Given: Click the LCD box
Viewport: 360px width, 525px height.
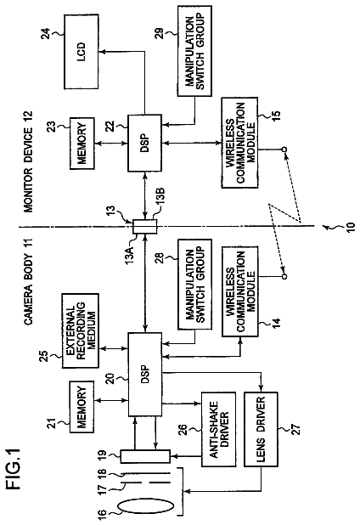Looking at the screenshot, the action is tap(82, 52).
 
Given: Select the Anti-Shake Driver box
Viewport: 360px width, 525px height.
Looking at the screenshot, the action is tap(218, 429).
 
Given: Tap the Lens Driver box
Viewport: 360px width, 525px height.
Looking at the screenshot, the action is tap(261, 429).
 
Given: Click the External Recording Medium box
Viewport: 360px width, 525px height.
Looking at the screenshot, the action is tap(81, 330).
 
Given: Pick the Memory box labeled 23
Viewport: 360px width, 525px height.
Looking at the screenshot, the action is tap(82, 144).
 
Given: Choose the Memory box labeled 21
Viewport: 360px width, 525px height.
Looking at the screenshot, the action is tap(82, 407).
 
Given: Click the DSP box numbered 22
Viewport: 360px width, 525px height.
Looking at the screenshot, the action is tap(145, 144).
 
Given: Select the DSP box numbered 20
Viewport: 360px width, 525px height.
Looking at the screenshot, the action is tap(145, 375).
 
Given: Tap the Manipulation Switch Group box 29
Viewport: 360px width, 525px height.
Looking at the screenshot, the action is tap(194, 51).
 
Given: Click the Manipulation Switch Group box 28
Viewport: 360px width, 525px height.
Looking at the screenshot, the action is tap(194, 285).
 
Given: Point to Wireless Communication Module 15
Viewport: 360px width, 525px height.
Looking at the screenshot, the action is tap(240, 143).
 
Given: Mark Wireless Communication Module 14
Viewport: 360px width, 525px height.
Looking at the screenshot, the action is tap(240, 291).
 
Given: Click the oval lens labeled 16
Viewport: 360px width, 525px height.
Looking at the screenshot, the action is tap(146, 506).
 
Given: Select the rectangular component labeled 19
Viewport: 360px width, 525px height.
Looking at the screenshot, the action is tap(145, 456).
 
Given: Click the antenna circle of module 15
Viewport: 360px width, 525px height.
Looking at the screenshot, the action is tap(284, 150).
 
